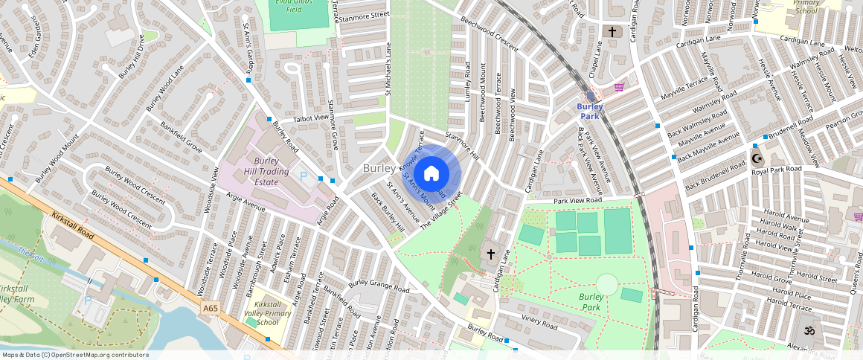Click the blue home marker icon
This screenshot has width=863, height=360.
[431, 174]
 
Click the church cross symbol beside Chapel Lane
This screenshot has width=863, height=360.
[612, 32]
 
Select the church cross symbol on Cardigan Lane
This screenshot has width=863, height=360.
[490, 254]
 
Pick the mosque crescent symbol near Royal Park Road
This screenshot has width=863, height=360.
[757, 158]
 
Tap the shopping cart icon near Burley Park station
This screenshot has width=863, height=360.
[619, 88]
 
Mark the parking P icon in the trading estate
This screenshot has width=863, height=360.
[302, 176]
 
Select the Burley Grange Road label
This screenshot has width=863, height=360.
[379, 286]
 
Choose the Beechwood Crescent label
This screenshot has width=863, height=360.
[488, 34]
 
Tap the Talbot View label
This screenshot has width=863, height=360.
[310, 118]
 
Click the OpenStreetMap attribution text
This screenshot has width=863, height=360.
[74, 355]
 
